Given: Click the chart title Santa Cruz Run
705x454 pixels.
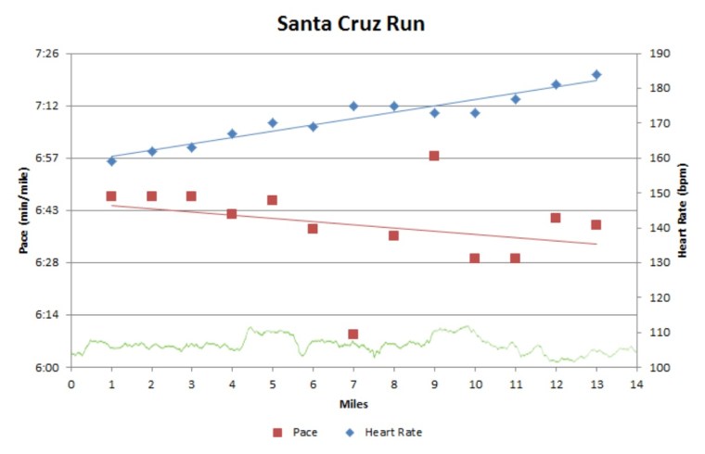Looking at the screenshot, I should (x=351, y=24).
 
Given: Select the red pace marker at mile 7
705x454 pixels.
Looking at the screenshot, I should (x=353, y=334).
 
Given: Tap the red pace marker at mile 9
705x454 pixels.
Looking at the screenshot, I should (x=434, y=156).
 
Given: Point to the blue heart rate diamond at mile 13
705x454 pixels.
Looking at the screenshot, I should (x=596, y=74).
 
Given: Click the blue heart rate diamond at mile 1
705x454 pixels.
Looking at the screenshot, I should (x=111, y=161).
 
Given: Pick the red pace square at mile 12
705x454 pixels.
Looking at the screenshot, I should (x=556, y=218).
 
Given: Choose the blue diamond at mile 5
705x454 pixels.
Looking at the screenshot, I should (x=273, y=122).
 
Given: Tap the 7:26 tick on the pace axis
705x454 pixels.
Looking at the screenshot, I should (x=46, y=54).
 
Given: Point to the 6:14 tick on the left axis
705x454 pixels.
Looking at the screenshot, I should (x=46, y=315).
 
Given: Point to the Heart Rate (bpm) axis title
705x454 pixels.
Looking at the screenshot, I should (x=684, y=211).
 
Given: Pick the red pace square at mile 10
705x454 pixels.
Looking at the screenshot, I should (x=474, y=259).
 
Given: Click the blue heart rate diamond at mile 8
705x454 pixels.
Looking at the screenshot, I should (x=393, y=106).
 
